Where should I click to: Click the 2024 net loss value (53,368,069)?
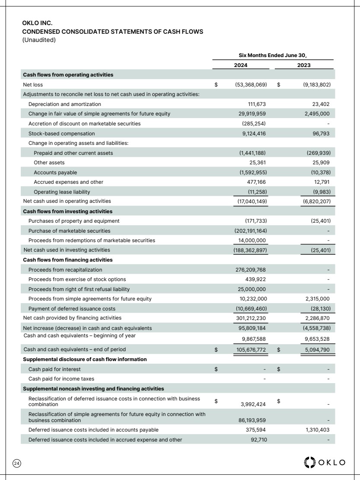click(x=251, y=85)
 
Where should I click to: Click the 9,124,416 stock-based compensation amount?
click(x=255, y=134)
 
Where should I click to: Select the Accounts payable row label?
click(x=50, y=172)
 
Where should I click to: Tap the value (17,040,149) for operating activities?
click(x=251, y=201)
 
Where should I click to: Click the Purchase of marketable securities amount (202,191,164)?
click(x=250, y=230)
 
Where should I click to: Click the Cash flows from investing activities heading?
click(x=67, y=211)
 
